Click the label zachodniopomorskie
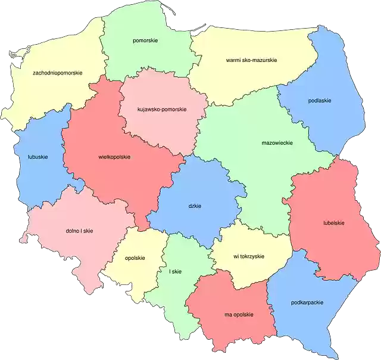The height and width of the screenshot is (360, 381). coord(58,73)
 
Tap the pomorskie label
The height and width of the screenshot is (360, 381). coord(145,41)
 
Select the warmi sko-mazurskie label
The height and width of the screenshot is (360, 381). coord(251,60)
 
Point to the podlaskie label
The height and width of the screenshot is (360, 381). coord(320,101)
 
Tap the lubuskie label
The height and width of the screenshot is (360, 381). coord(38,157)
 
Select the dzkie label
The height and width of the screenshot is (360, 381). coord(195,206)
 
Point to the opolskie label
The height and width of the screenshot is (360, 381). coord(135,258)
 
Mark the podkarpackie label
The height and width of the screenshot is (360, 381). coord(308,302)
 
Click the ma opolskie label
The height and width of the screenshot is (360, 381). coord(239,314)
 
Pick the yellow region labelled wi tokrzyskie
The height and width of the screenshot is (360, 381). coord(250,271)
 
